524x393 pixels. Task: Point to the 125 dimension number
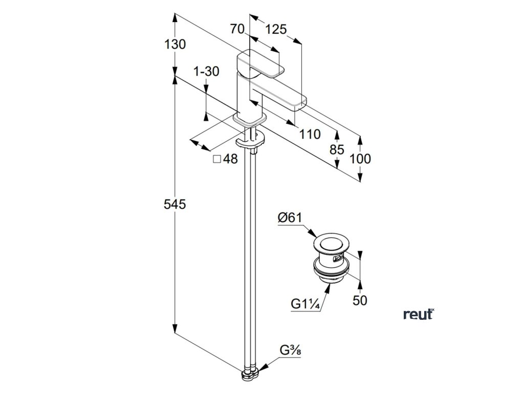[276, 29]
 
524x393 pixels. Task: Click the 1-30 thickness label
[206, 72]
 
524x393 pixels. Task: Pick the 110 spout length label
[310, 135]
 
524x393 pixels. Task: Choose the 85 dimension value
[337, 150]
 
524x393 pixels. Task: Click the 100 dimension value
[360, 159]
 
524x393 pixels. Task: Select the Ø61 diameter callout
[290, 218]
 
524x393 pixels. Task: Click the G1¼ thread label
[305, 304]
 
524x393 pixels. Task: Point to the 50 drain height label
[360, 300]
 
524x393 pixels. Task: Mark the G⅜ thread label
[290, 351]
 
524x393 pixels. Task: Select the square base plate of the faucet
[250, 121]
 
